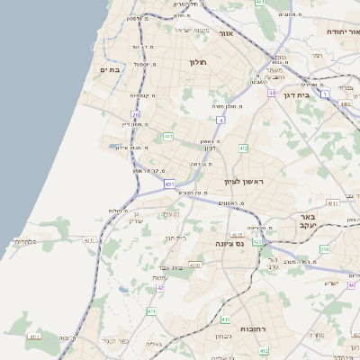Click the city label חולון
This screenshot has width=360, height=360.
198,62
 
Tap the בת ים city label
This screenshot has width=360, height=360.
111,69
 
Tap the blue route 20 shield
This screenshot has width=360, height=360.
136,114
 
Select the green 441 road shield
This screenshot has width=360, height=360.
168,137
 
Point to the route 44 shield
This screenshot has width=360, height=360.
272,92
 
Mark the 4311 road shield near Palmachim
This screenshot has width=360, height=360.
88,240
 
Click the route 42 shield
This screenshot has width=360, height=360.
160,287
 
